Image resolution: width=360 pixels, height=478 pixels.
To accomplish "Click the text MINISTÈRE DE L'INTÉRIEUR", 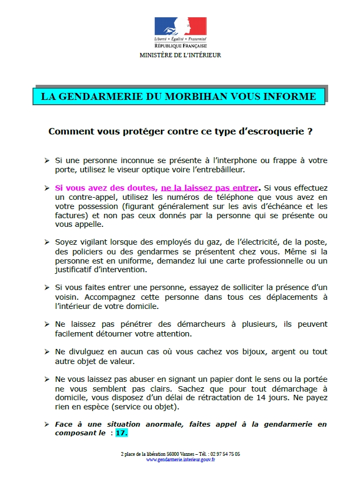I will (x=180, y=55).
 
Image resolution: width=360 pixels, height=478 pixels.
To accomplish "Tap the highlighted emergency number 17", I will (x=121, y=433).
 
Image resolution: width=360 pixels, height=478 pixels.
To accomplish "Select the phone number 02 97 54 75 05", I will (x=223, y=455).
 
